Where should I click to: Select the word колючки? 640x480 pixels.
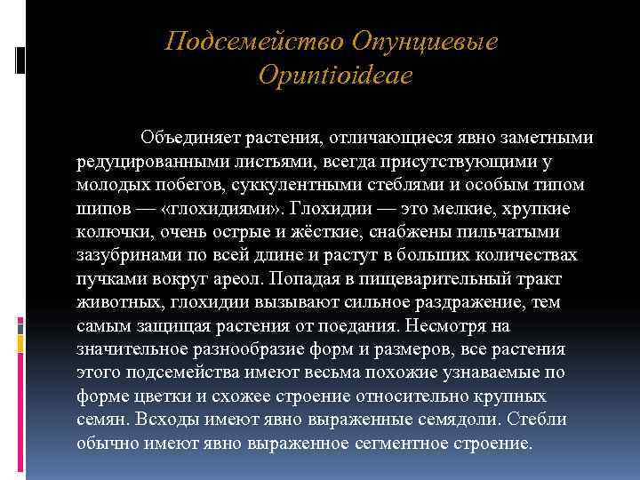pyautogui.click(x=108, y=233)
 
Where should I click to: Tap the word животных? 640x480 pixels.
pyautogui.click(x=116, y=303)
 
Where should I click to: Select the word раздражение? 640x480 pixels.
pyautogui.click(x=461, y=303)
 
